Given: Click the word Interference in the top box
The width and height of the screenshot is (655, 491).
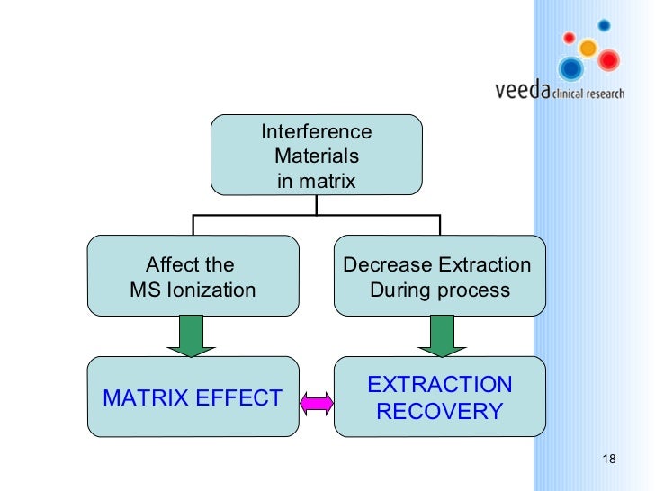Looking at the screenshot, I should pyautogui.click(x=316, y=132).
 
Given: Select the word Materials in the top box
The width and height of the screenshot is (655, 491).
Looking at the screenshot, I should pyautogui.click(x=316, y=156).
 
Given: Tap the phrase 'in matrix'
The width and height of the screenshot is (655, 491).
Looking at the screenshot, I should pyautogui.click(x=316, y=181).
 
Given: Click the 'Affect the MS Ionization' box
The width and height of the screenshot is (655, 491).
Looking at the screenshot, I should pyautogui.click(x=193, y=276).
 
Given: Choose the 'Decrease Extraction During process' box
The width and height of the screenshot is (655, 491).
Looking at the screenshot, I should pyautogui.click(x=439, y=276).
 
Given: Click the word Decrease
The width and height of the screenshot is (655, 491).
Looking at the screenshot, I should pyautogui.click(x=387, y=264).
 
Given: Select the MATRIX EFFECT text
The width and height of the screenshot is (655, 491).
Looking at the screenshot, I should pyautogui.click(x=193, y=397).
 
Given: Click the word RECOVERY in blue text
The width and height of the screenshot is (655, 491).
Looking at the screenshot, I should pyautogui.click(x=439, y=411).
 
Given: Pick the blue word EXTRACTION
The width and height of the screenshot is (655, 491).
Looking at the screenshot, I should pyautogui.click(x=439, y=385).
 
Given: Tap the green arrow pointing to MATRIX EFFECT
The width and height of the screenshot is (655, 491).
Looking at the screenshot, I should pyautogui.click(x=191, y=335).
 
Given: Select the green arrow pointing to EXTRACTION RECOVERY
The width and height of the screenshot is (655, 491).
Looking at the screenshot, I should pyautogui.click(x=440, y=335).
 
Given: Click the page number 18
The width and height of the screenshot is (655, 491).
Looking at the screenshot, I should pyautogui.click(x=608, y=460).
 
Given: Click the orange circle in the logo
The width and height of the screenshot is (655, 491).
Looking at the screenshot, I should pyautogui.click(x=588, y=48).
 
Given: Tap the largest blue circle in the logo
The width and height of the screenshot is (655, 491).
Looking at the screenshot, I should pyautogui.click(x=570, y=68).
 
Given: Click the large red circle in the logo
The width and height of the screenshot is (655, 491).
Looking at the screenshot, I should pyautogui.click(x=609, y=60).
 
